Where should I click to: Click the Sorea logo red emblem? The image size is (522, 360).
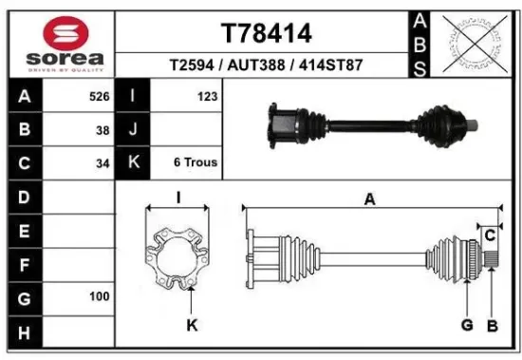point(58,33)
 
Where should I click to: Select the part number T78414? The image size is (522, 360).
point(266,33)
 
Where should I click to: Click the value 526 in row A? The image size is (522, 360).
point(98,97)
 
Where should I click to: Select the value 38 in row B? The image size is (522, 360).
point(103,130)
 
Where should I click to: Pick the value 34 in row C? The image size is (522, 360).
point(103,162)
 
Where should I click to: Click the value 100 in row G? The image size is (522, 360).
point(99,296)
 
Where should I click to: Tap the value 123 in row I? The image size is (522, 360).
point(208,97)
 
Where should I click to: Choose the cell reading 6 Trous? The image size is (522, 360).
point(196,162)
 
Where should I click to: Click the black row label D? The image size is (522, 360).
point(24,197)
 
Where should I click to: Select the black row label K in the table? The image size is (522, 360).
point(134,162)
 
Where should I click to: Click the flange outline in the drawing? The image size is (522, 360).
point(179,252)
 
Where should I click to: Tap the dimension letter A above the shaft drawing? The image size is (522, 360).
point(370,199)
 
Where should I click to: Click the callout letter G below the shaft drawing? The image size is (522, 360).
point(467,326)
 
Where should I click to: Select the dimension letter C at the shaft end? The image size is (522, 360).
point(490,235)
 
